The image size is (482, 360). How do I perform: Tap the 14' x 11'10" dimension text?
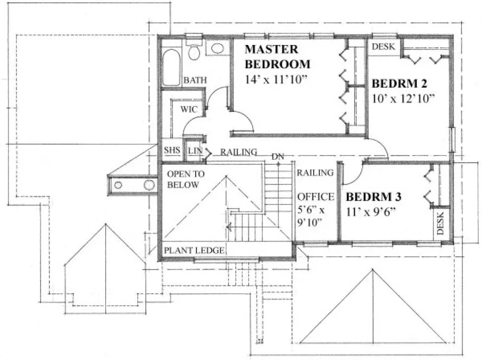tap(276, 79)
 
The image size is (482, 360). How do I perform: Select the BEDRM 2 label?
tap(400, 84)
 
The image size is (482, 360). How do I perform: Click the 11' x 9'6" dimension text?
tap(369, 211)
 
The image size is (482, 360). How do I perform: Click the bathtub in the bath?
tap(171, 68)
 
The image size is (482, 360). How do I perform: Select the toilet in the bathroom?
tap(194, 52)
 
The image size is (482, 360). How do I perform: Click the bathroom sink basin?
tap(217, 48)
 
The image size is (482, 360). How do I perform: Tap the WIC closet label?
tap(189, 109)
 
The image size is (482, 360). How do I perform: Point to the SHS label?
tap(172, 151)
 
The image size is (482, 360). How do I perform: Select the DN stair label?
tap(278, 157)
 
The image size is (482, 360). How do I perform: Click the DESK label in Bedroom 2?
tap(384, 47)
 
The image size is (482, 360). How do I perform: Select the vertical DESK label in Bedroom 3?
tap(440, 223)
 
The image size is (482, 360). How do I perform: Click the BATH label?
tap(195, 80)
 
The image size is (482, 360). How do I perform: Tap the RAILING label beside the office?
tap(314, 173)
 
